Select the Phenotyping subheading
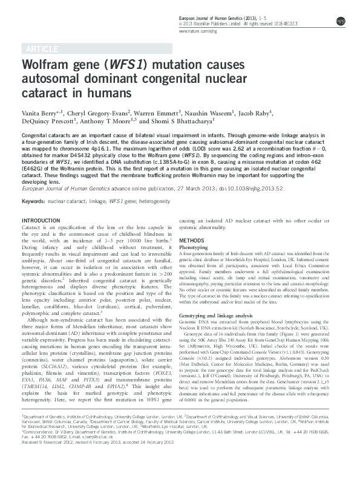pyautogui.click(x=197, y=247)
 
